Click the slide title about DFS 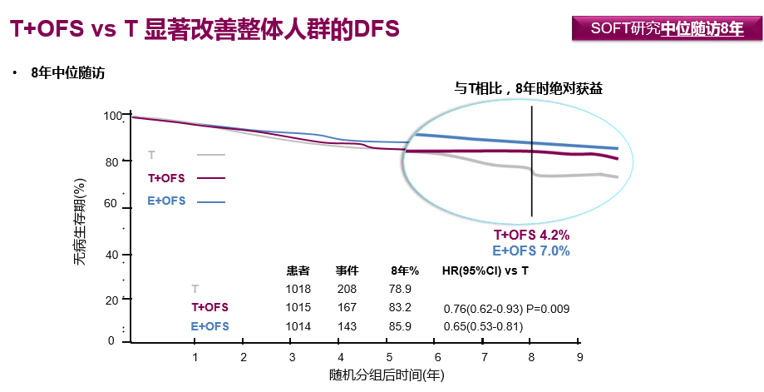(205, 29)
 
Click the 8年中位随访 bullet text (67, 73)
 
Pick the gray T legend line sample (211, 155)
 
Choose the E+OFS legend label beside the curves (166, 201)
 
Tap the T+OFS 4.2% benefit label (532, 236)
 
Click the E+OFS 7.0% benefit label (532, 251)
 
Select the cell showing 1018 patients (298, 289)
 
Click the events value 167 (347, 307)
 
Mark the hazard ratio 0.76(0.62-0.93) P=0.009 (506, 309)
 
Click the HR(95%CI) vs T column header (486, 271)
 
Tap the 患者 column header (298, 271)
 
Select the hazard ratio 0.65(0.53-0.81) (483, 326)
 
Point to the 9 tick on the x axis (579, 357)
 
